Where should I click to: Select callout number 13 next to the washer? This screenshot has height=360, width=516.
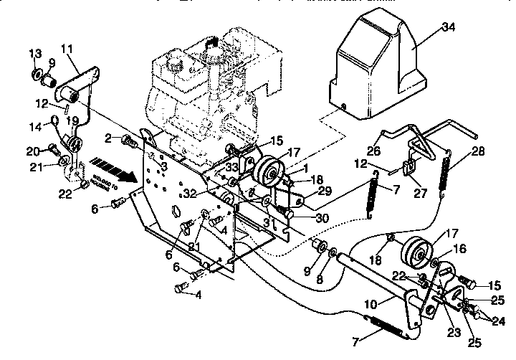tap(35, 55)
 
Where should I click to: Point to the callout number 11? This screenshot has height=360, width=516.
tap(67, 48)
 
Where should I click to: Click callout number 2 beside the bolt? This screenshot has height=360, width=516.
tap(107, 138)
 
